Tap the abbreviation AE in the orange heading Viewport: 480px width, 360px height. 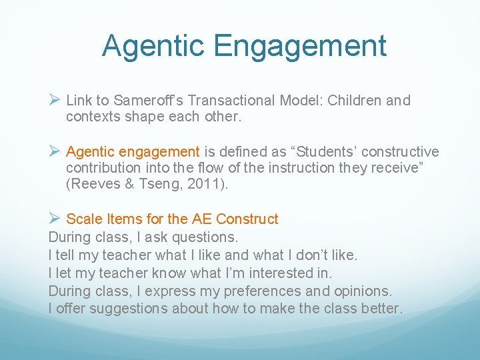(201, 219)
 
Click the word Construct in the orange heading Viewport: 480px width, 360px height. (247, 219)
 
